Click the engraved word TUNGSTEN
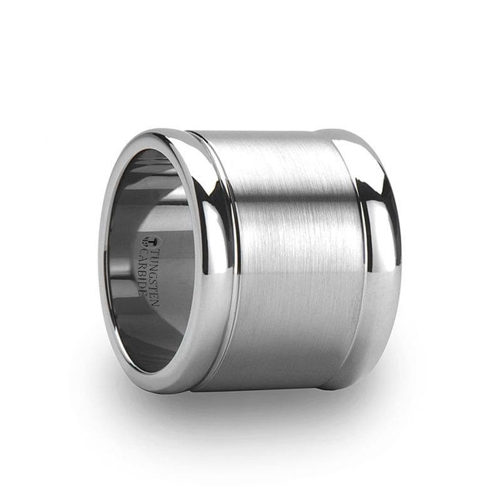pos(155,277)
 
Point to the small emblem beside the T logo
pos(144,242)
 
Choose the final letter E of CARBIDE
pos(142,292)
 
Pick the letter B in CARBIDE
pos(142,272)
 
